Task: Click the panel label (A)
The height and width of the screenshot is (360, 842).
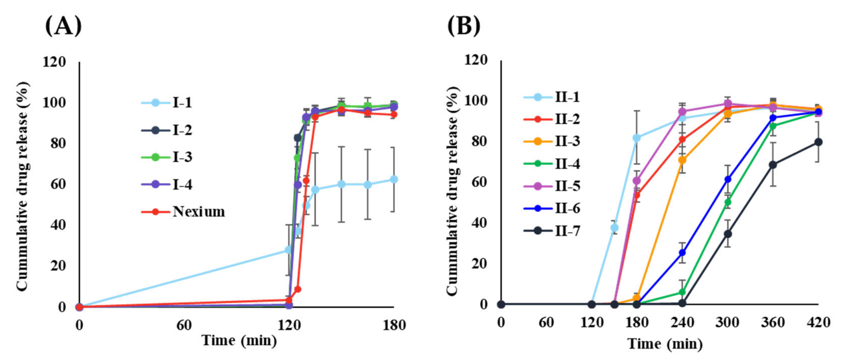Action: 63,26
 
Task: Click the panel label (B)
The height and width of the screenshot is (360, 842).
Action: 463,26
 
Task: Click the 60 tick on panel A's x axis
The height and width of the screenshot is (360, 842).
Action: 184,325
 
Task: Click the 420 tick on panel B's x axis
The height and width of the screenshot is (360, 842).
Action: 818,323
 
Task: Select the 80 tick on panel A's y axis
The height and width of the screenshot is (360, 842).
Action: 58,143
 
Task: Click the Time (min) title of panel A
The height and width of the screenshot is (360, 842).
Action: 240,341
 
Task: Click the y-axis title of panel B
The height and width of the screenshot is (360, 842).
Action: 453,191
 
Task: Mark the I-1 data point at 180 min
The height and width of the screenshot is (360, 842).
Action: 394,179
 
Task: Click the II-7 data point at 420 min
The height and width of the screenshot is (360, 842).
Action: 818,142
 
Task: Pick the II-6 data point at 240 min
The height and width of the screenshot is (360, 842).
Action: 682,253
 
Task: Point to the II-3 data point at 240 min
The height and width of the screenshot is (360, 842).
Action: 682,160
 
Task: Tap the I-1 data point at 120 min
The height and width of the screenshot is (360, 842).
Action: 288,250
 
